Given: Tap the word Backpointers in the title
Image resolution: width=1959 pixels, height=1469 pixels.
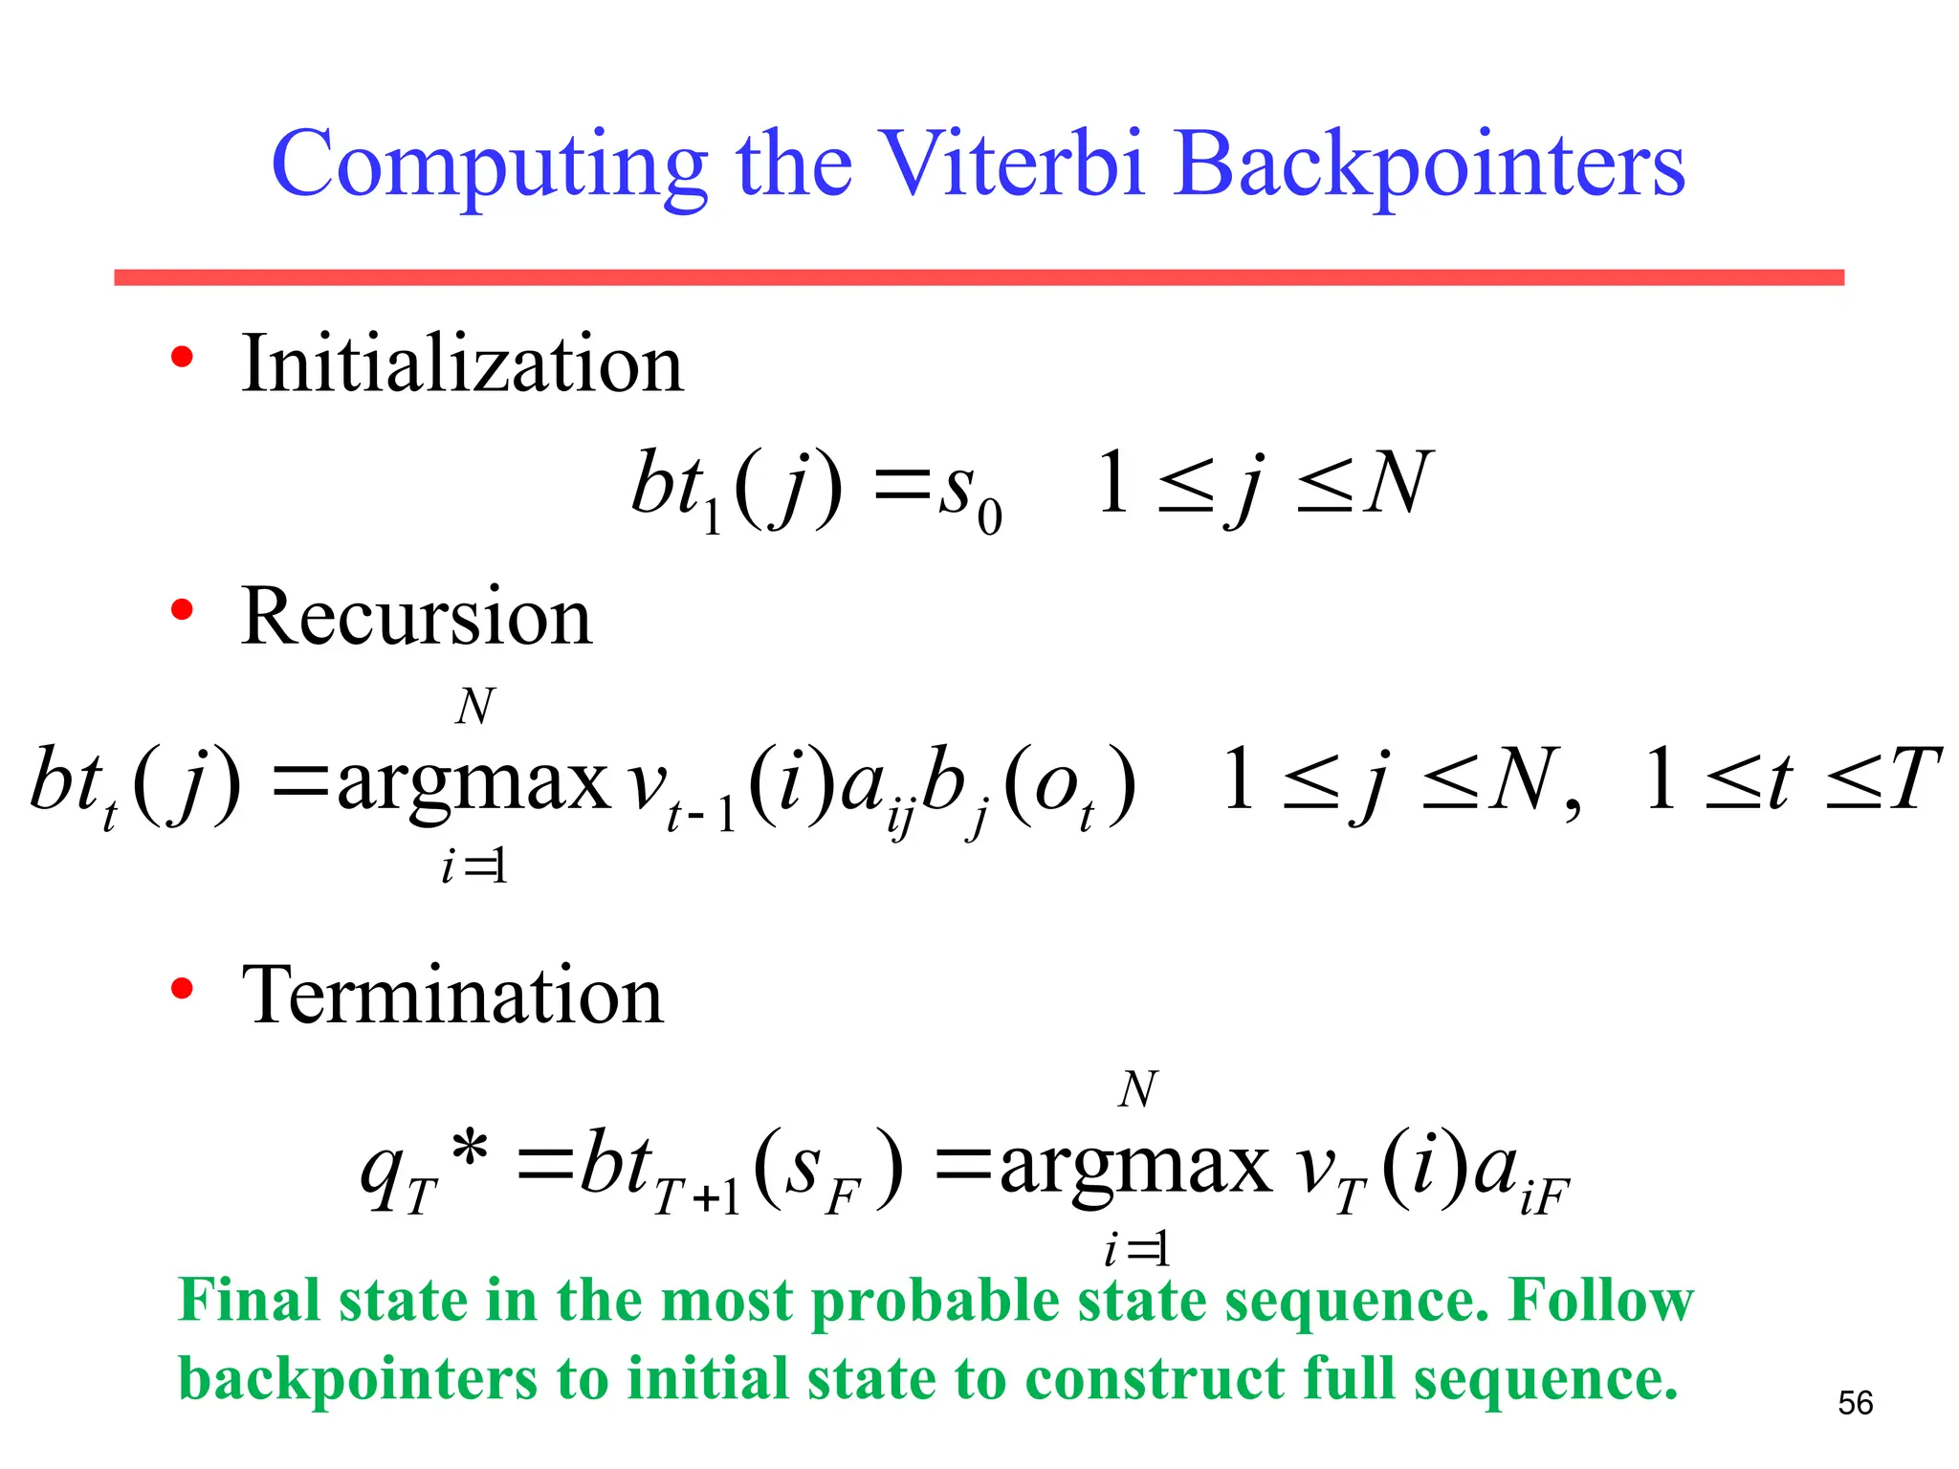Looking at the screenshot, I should click(1429, 164).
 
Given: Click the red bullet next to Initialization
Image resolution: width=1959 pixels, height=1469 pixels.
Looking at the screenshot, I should click(182, 358).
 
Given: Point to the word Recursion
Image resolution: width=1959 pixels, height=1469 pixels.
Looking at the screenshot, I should click(416, 617).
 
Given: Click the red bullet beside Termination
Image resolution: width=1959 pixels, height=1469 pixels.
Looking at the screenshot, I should click(182, 988).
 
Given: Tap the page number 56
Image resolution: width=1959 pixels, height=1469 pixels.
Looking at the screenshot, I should click(1855, 1403).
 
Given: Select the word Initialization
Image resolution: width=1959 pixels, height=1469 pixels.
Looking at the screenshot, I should click(462, 364).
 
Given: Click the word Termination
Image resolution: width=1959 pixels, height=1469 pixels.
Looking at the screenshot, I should click(451, 996).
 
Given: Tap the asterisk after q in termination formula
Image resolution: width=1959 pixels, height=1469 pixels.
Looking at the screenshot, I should click(470, 1149).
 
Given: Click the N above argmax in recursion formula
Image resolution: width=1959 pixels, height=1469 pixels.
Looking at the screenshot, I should click(474, 707).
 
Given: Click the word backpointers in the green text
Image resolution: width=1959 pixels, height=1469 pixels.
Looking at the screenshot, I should click(359, 1380).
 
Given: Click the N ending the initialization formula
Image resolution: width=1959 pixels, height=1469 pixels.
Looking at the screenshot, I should click(1398, 483).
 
